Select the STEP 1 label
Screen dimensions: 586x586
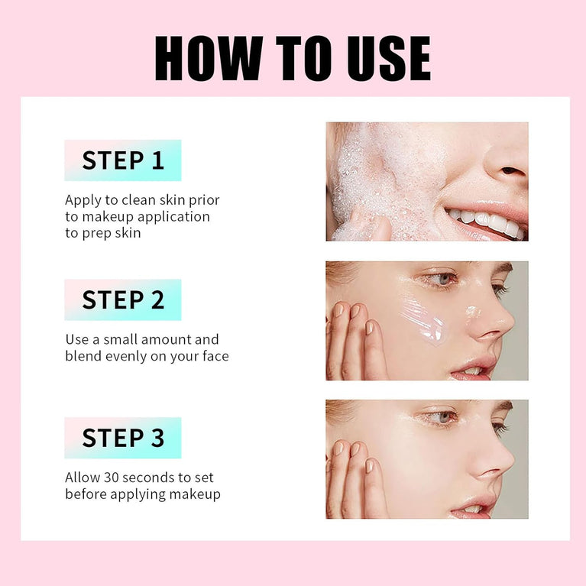tap(123, 160)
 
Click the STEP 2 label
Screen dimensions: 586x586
tap(123, 299)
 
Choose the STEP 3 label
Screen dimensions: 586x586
tap(123, 438)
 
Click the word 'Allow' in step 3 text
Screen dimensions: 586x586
tap(83, 478)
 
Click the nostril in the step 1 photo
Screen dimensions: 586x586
tap(511, 171)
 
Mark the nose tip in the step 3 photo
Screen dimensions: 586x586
tap(504, 467)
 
